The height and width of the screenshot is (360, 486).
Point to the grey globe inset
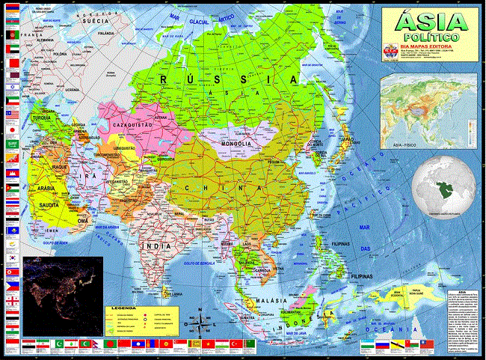coord(447,184)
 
